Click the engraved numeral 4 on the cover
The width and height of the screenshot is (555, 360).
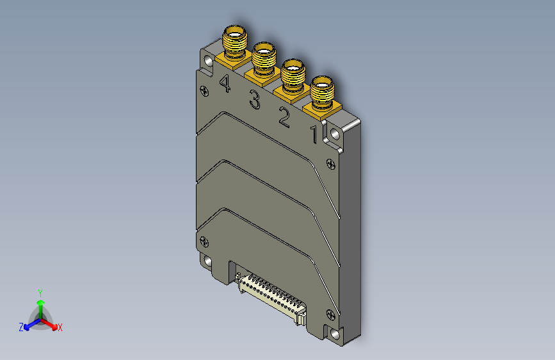click(225, 83)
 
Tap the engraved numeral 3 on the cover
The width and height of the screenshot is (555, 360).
click(255, 101)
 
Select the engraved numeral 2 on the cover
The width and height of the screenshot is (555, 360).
click(284, 117)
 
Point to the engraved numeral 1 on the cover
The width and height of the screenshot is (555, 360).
click(314, 135)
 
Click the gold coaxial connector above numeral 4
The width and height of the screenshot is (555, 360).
click(235, 43)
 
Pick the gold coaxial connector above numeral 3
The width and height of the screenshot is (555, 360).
click(264, 60)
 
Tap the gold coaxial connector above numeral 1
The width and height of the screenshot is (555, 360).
click(323, 93)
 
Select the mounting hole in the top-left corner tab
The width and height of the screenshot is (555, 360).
click(209, 61)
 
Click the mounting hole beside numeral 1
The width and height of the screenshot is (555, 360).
click(335, 134)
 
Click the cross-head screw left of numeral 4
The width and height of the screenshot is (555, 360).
click(204, 91)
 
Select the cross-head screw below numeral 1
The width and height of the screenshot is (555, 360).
click(330, 163)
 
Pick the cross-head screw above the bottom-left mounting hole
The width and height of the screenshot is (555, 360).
click(204, 241)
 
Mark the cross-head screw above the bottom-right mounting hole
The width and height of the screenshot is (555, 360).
click(330, 314)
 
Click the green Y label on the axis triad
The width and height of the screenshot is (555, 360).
click(40, 292)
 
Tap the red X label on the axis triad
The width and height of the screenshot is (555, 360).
click(60, 327)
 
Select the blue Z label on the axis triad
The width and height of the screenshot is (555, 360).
click(20, 327)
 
